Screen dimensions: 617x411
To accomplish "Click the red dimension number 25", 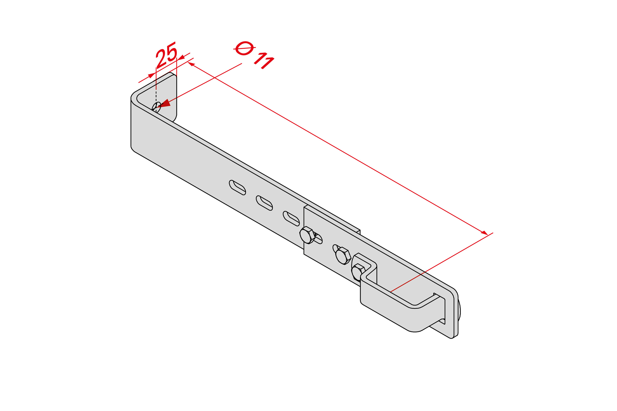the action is [x=166, y=55].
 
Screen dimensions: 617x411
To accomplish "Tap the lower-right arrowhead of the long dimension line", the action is [x=484, y=233].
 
